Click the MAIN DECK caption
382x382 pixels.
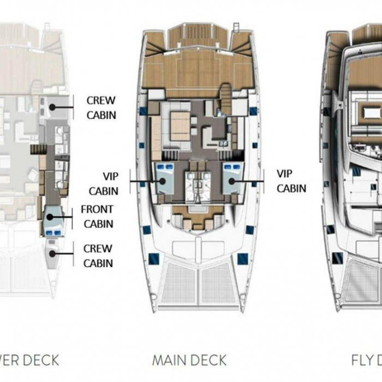tap(189, 360)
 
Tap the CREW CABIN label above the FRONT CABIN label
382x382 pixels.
tap(101, 108)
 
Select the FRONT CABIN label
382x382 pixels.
tap(97, 216)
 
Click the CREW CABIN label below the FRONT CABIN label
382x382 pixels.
tap(98, 255)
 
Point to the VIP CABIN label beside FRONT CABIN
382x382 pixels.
tap(103, 183)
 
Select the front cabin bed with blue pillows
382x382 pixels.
tap(52, 220)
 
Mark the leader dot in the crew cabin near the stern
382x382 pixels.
tap(53, 108)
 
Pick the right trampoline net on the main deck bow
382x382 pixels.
tap(218, 284)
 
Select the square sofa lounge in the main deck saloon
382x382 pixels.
tap(178, 124)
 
